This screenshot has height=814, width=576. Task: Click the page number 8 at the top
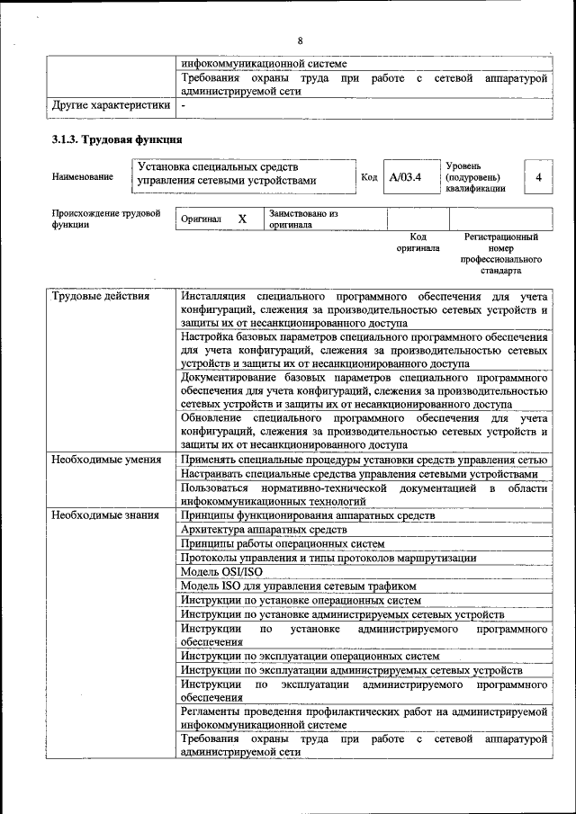(x=300, y=41)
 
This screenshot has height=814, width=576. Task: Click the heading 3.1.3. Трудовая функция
(x=117, y=139)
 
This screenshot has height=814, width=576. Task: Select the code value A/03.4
(x=405, y=177)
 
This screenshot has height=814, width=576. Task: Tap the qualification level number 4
(x=538, y=177)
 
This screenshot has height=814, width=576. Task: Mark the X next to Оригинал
(x=242, y=219)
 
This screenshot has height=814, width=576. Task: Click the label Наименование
(x=82, y=177)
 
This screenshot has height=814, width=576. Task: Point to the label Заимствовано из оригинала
(x=302, y=219)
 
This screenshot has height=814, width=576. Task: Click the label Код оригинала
(x=418, y=242)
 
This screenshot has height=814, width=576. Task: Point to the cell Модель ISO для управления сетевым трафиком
(x=298, y=586)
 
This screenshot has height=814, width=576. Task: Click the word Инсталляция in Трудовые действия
(x=212, y=296)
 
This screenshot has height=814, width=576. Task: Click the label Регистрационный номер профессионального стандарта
(x=500, y=253)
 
